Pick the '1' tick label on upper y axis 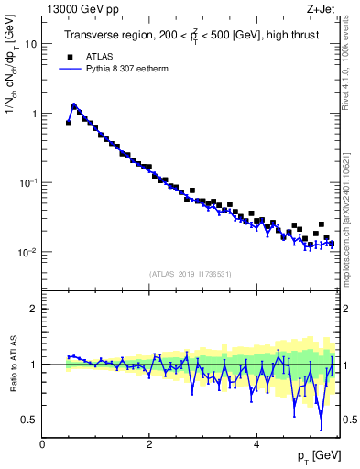pos(34,114)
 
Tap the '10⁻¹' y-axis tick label pos(29,182)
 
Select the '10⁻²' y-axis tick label pos(29,251)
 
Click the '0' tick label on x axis pos(42,444)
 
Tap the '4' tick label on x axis pos(256,444)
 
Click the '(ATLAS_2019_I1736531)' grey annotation pos(191,274)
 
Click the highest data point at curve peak pos(74,106)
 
